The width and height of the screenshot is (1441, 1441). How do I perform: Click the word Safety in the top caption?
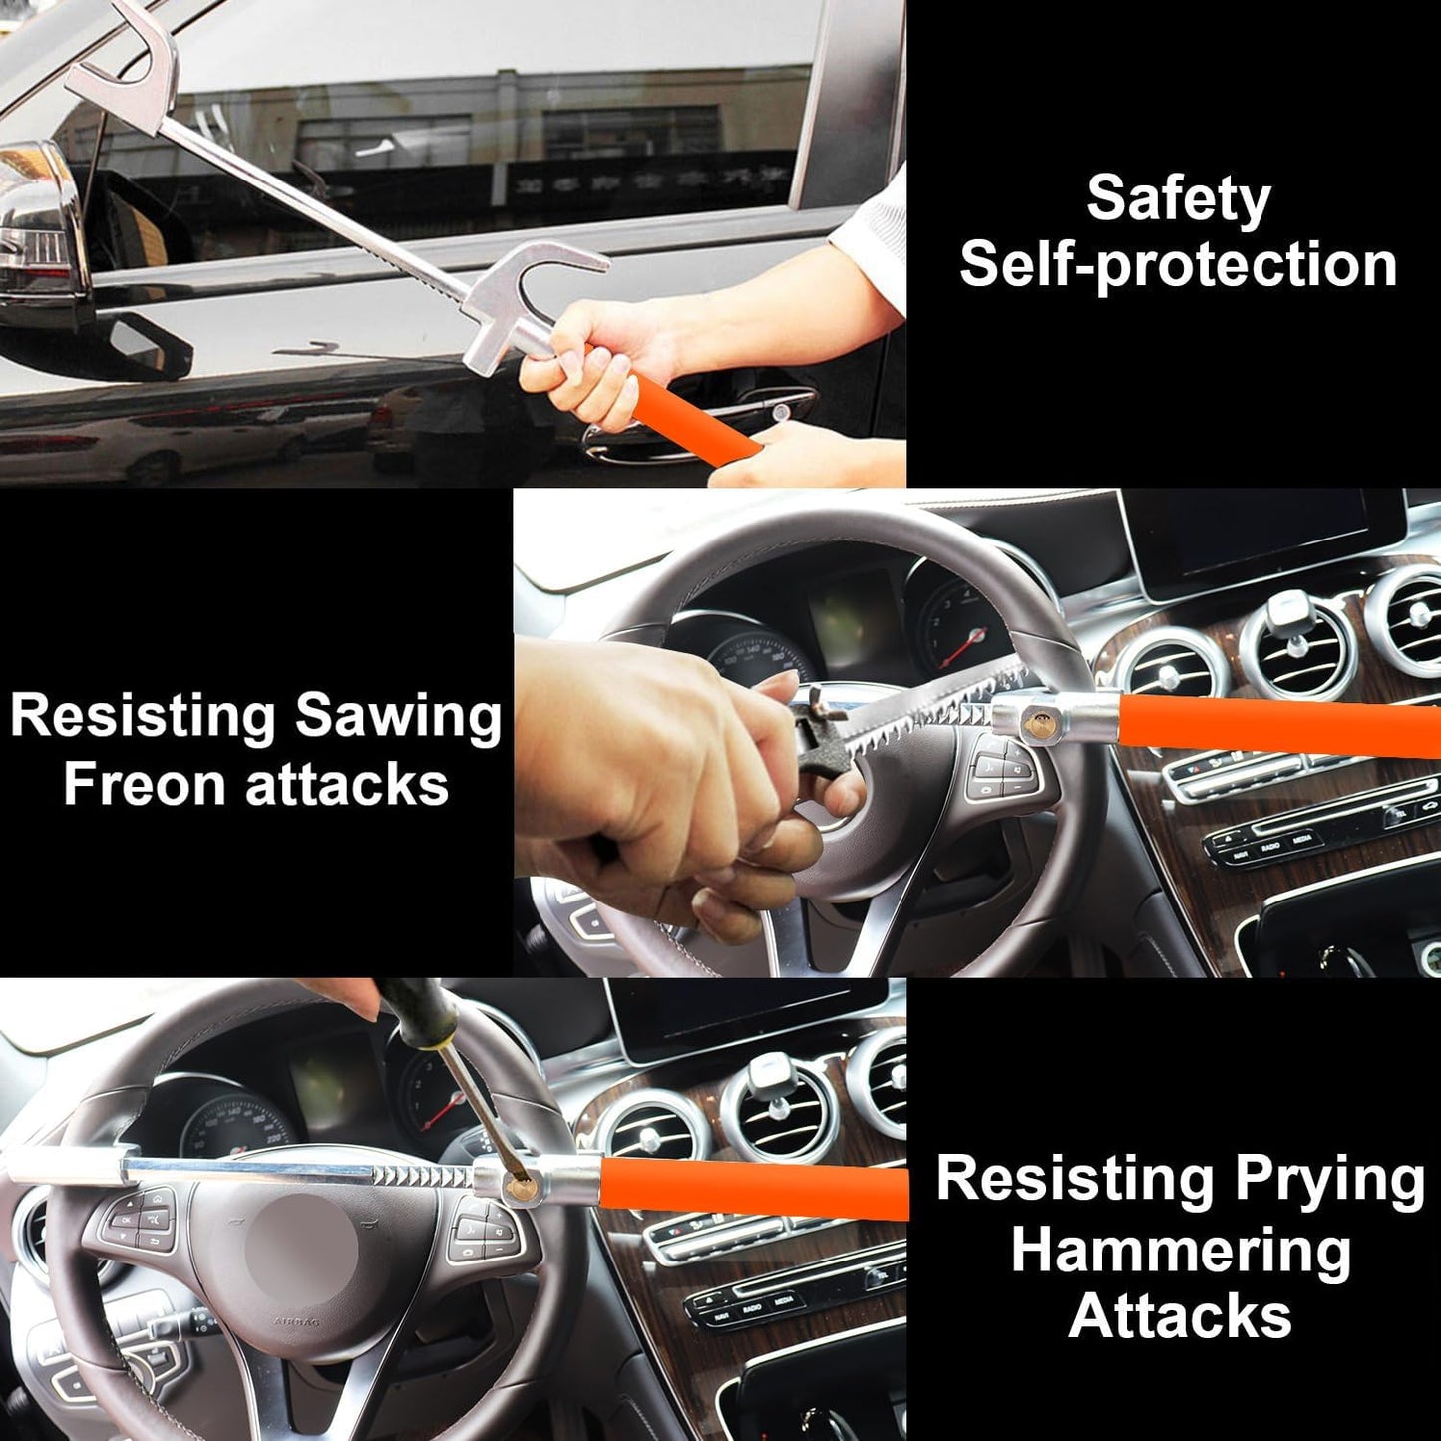pos(1178,198)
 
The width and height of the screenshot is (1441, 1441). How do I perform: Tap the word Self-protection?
pos(1178,265)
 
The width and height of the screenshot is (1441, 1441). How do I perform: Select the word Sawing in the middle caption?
pos(399,718)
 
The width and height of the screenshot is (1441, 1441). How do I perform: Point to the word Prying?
pos(1330,1181)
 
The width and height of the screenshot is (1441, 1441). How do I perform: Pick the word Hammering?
pos(1181,1250)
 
